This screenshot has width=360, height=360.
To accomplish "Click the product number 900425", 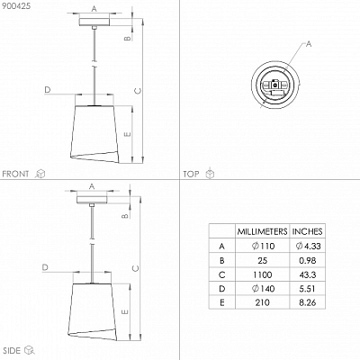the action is (x=16, y=6).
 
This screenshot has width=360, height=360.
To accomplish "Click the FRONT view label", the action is (x=15, y=174).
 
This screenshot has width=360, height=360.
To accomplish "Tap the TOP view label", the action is (x=191, y=174).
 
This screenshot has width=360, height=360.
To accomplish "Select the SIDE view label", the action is (x=12, y=350).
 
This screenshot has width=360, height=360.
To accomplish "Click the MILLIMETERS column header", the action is (x=262, y=231).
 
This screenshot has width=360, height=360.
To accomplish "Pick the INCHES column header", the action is (x=307, y=231).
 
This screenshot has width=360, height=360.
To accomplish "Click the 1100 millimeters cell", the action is (x=262, y=274).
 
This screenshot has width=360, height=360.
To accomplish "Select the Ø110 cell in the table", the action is (x=263, y=246).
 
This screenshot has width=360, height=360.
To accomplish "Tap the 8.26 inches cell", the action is (x=308, y=302).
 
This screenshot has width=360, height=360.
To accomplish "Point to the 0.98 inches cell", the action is (x=308, y=260).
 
